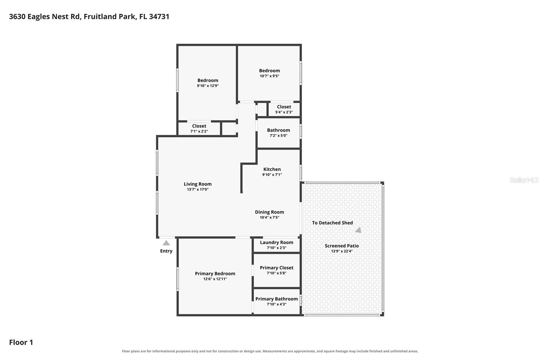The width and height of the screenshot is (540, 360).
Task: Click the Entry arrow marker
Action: (166, 243)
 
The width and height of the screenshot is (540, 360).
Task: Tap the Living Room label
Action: (198, 184)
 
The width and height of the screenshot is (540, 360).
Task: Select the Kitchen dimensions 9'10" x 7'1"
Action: (272, 175)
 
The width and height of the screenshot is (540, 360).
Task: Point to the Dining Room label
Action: (270, 212)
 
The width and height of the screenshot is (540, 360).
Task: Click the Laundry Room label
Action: (276, 242)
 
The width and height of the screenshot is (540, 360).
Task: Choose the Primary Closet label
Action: (276, 267)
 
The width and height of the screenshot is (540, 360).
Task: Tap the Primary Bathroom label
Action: (276, 299)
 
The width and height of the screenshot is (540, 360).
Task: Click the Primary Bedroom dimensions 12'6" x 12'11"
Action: (215, 279)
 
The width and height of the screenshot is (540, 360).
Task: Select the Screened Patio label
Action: (342, 246)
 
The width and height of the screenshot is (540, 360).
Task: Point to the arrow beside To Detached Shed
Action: (358, 230)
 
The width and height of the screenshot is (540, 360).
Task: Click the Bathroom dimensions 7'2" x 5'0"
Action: (278, 135)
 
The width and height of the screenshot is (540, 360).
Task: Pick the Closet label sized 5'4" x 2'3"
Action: (284, 107)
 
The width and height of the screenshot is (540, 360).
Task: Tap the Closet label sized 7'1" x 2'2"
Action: (199, 126)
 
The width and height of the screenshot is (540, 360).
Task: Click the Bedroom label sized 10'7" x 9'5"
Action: (270, 71)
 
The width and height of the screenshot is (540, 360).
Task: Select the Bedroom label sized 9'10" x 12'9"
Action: (208, 80)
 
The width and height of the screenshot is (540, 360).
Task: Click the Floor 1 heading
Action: (21, 342)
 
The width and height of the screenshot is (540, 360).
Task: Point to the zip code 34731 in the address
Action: (159, 17)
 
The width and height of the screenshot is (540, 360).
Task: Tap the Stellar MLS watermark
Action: (524, 180)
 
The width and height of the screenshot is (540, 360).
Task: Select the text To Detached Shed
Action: (332, 223)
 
